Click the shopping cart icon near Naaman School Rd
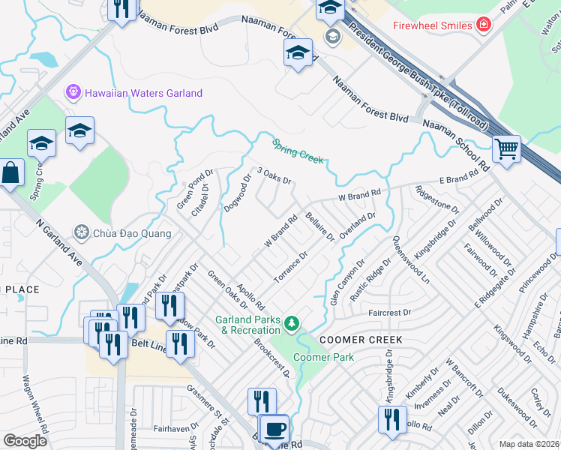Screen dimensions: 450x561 point(506,148)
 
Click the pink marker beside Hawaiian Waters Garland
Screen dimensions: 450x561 point(73,93)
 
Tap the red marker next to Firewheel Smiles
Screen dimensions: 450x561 point(484,25)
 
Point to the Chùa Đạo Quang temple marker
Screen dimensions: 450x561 point(81,232)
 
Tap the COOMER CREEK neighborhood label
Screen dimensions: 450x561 point(361,340)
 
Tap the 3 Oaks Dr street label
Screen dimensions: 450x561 point(274,176)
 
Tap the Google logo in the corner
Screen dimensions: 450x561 point(25,441)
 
